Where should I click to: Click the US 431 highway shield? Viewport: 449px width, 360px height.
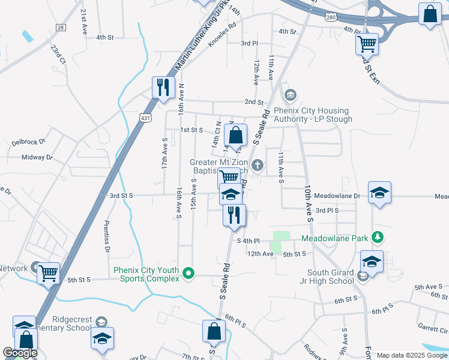145,119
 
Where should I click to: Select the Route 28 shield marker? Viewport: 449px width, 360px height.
60,28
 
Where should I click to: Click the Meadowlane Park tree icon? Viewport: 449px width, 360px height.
378,238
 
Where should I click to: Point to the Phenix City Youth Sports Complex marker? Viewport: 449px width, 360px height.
189,274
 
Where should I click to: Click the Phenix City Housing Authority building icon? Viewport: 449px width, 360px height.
291,95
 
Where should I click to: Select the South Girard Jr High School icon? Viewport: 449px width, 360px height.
363,276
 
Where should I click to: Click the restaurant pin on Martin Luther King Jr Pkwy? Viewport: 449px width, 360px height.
163,88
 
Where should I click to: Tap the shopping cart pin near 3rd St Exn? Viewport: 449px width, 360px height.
367,43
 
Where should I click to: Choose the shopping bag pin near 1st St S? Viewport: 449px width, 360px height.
236,135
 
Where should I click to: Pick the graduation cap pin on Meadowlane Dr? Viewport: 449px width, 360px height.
379,193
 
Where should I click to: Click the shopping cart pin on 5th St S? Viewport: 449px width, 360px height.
49,274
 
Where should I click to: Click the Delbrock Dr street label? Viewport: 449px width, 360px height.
28,143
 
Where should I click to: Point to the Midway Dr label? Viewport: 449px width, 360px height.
37,157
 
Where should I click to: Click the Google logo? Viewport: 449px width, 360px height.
20,353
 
